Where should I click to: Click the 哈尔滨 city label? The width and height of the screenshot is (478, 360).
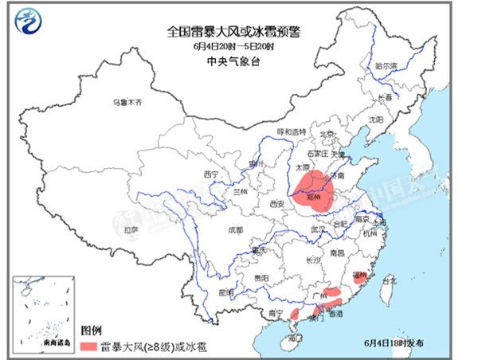[x=386, y=67]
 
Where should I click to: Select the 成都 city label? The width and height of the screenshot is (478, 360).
[x=234, y=231]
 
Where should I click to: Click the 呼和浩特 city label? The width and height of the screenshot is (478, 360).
[x=291, y=131]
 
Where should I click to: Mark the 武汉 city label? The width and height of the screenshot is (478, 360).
[x=319, y=229]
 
